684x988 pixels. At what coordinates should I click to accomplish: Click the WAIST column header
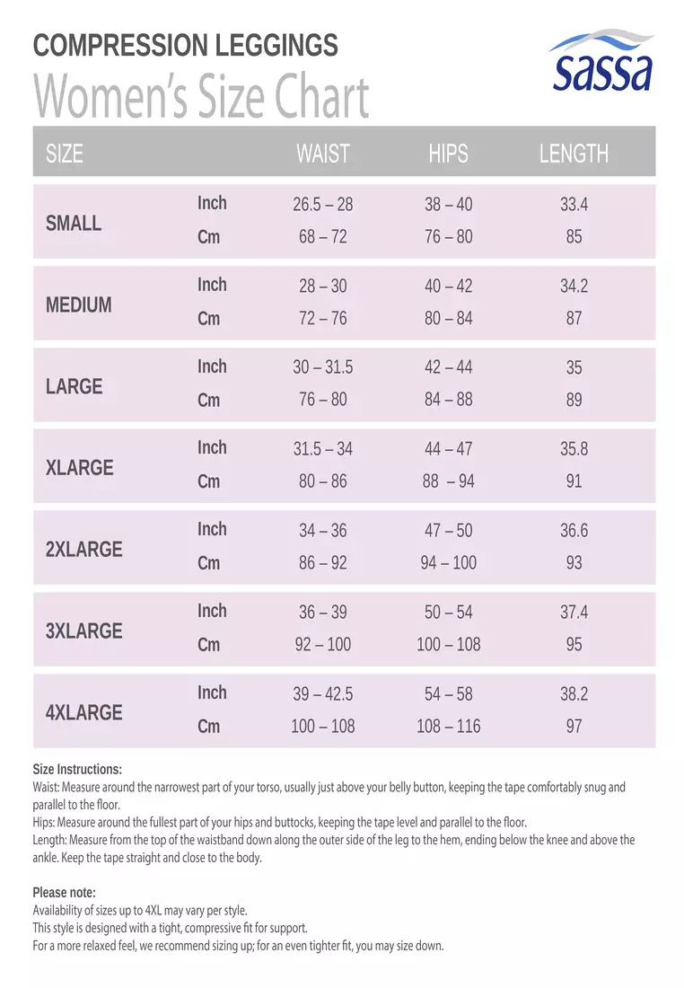point(322,154)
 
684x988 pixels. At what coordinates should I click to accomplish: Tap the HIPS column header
point(449,154)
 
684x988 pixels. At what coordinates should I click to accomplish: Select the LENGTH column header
point(574,154)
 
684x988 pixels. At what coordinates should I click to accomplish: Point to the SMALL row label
point(73,223)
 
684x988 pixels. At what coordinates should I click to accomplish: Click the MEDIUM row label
point(79,305)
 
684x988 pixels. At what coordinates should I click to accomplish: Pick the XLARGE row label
point(79,468)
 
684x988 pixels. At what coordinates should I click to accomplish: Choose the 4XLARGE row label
point(83,712)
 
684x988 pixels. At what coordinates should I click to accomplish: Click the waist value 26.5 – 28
point(322,204)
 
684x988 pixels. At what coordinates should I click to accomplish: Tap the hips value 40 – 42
point(449,286)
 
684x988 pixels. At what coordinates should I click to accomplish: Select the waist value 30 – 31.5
point(322,367)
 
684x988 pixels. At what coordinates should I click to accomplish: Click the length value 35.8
point(574,448)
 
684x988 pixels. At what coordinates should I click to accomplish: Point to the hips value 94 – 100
point(449,562)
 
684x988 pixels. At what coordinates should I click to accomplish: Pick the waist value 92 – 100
point(322,644)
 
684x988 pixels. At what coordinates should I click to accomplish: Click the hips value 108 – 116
point(449,726)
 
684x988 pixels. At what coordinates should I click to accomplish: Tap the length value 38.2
point(574,693)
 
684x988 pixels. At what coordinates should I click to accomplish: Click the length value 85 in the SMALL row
point(574,237)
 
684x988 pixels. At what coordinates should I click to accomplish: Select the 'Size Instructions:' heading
point(77,770)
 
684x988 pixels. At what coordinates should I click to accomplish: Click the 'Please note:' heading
point(65,892)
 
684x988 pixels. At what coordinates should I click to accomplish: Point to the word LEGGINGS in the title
point(276,46)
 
